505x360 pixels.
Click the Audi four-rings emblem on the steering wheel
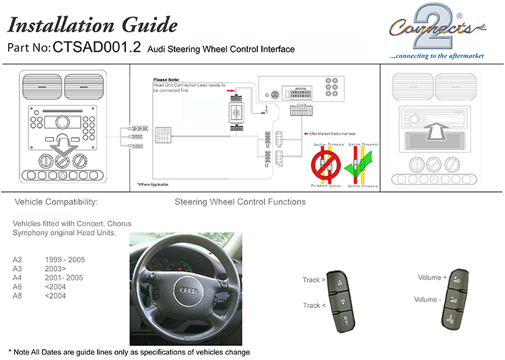pos(185,291)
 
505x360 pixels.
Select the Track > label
pos(314,280)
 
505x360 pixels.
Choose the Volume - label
pos(427,299)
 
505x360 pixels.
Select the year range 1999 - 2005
pos(65,259)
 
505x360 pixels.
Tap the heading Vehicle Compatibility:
pos(56,202)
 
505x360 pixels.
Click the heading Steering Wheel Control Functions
pos(240,202)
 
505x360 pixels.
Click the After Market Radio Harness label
pos(331,133)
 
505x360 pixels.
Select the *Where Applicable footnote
pos(153,184)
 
